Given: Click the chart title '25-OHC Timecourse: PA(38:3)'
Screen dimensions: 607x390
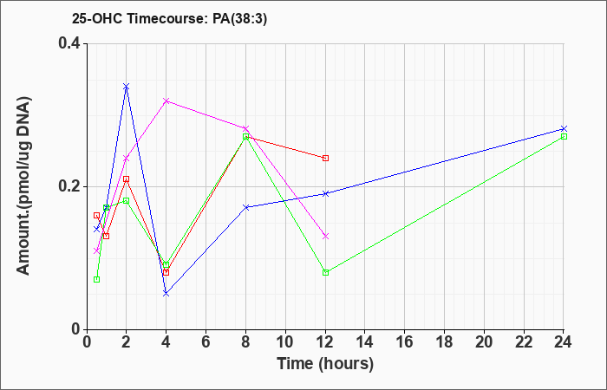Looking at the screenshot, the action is click(169, 19).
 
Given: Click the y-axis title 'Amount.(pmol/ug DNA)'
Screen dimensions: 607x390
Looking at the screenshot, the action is click(23, 186).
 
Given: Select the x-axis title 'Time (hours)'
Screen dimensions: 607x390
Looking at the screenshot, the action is click(325, 364).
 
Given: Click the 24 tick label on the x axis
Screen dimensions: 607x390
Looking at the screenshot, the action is click(564, 341).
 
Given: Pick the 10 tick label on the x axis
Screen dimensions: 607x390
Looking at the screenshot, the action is click(285, 341).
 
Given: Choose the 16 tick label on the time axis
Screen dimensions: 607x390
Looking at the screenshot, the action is click(405, 341).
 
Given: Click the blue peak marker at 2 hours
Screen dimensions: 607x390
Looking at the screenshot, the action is click(127, 87).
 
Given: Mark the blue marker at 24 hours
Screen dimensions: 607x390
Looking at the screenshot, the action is click(564, 128).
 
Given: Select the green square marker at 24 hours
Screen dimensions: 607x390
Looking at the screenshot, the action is click(564, 137).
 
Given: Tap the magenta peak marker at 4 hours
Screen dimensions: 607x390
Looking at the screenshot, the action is click(166, 101).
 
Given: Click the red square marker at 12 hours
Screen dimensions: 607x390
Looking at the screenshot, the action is click(325, 158).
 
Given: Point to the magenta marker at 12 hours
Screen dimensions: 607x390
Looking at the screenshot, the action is click(325, 236).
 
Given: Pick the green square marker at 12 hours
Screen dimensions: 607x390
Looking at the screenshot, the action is click(325, 272).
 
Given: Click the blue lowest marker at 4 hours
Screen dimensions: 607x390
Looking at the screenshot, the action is click(166, 294).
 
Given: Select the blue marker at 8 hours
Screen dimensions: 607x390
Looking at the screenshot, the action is click(245, 207).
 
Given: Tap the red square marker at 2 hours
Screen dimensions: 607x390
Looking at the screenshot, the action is click(127, 179).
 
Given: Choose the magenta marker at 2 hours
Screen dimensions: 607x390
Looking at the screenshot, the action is click(127, 159).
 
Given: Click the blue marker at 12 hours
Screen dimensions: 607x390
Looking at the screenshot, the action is click(325, 193).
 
